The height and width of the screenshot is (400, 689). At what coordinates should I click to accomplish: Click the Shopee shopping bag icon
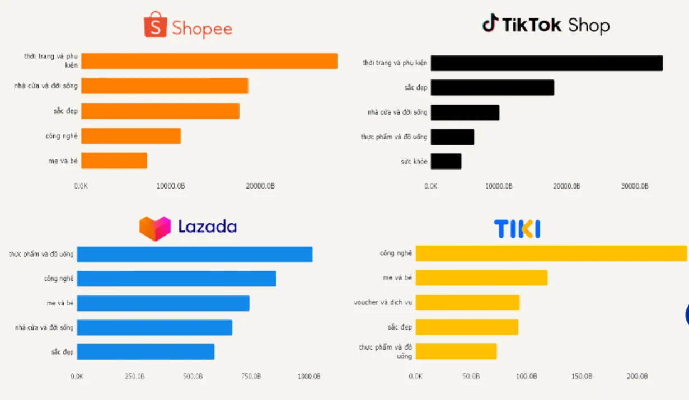[x=155, y=26]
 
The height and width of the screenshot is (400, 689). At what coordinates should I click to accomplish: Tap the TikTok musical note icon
[x=490, y=23]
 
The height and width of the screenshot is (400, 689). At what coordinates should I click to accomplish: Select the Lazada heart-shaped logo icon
[x=154, y=228]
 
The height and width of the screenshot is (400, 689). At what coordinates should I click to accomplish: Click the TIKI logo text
[x=517, y=229]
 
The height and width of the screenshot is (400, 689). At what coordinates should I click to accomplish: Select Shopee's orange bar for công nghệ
[x=131, y=136]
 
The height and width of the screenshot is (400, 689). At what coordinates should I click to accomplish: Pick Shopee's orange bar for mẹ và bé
[x=114, y=161]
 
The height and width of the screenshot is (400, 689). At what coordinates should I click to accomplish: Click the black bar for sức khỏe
[x=446, y=162]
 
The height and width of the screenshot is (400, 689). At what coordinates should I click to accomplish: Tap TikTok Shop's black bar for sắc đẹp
[x=493, y=88]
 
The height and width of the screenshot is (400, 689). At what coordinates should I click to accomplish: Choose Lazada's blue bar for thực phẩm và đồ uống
[x=195, y=254]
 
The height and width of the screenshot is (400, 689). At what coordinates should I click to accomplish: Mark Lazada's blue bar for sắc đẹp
[x=146, y=352]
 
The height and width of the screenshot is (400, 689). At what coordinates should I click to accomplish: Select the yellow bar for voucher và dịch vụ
[x=467, y=303]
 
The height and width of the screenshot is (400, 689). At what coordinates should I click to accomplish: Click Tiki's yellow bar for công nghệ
[x=551, y=253]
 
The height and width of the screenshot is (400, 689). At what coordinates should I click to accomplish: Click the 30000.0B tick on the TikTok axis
[x=635, y=186]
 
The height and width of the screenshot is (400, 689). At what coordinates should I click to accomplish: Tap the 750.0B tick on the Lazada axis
[x=250, y=377]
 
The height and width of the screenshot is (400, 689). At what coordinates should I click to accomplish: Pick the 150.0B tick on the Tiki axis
[x=582, y=377]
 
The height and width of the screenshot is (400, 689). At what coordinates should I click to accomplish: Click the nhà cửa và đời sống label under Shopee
[x=46, y=86]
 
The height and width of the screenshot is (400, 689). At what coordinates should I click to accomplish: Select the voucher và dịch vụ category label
[x=383, y=303]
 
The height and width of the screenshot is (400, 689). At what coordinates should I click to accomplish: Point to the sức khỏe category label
[x=414, y=162]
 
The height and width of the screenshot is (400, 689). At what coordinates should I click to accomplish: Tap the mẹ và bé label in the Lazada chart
[x=60, y=303]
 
